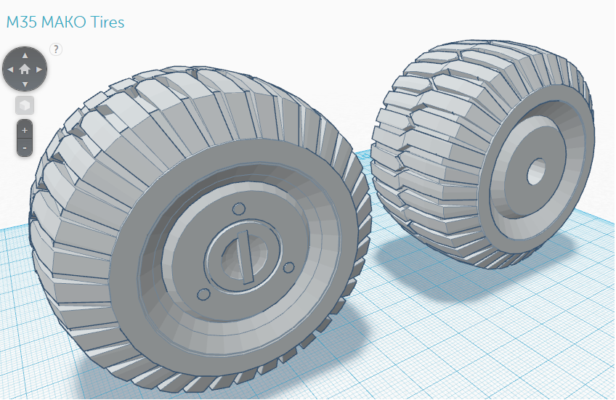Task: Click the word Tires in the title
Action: coord(108,22)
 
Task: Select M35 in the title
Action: coord(22,22)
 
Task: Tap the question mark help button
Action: coord(56,49)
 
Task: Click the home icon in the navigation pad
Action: coord(25,70)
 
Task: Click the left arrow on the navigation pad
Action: coord(10,70)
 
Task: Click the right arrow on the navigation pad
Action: coord(39,70)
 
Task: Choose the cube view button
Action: coord(25,105)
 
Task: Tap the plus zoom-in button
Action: coord(25,130)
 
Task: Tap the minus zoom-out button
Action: coord(25,147)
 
